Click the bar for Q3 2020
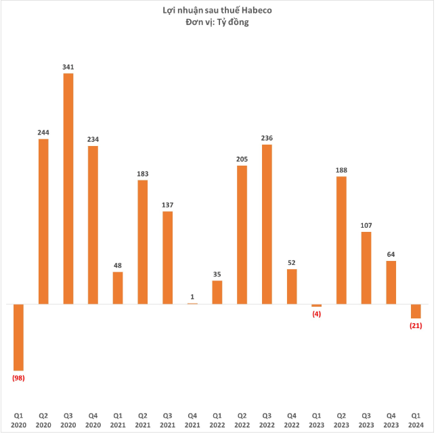point(68,189)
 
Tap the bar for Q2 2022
point(242,235)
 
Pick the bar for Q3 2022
point(267,224)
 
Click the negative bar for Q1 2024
point(416,311)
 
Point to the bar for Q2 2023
point(341,240)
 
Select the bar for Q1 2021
point(118,288)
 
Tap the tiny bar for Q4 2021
point(192,304)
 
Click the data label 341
point(68,67)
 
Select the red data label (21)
point(416,326)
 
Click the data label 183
point(143,174)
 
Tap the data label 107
point(366,225)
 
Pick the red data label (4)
point(316,314)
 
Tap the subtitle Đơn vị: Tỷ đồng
point(217,22)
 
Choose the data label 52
point(292,262)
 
